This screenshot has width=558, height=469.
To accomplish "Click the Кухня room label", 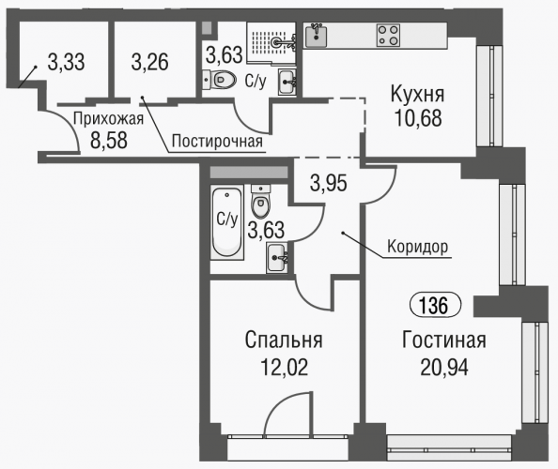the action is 418,95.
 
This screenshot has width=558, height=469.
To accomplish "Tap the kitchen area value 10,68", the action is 418,118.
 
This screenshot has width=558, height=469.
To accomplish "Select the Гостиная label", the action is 444,340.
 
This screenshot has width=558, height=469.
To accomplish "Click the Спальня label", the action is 284,340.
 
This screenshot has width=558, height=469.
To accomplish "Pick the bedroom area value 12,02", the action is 285,367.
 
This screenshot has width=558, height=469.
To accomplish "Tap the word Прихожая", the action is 108,119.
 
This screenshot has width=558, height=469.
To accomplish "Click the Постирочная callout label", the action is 217,142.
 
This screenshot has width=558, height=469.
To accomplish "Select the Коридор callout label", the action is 417,246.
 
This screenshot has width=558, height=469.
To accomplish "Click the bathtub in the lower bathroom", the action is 227,222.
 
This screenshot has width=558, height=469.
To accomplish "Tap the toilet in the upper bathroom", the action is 219,80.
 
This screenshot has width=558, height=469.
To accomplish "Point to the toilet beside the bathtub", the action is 261,201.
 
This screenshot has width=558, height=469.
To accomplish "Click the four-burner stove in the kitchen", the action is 388,36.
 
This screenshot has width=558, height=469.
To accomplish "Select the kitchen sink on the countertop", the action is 316,36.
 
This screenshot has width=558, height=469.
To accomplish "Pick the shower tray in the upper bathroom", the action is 271,43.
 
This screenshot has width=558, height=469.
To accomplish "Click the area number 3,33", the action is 66,62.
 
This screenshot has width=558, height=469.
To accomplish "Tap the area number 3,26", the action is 149,62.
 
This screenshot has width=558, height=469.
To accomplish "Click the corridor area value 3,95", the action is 329,184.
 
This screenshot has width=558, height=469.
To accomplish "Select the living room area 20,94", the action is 444,367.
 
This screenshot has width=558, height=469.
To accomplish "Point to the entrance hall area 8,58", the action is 109,141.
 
